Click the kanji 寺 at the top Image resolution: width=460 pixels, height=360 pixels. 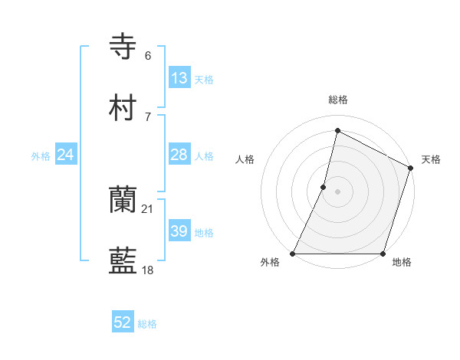coord(123,47)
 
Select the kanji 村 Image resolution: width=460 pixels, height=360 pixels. coord(123,108)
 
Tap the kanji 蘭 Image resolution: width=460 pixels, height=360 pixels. coord(123,201)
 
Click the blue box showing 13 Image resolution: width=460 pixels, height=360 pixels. coord(179,77)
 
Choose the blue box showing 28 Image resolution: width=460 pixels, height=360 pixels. coord(179,155)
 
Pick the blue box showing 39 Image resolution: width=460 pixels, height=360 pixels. coord(179,231)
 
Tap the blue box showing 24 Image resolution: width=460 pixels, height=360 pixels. coord(66,155)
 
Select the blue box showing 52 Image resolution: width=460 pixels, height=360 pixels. coord(123,322)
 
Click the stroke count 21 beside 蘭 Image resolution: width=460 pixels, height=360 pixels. coord(148,208)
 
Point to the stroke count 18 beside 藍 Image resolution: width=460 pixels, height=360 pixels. coord(148,270)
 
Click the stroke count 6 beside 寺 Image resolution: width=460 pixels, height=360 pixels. coord(148,55)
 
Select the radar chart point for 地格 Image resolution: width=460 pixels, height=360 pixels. coord(383,254)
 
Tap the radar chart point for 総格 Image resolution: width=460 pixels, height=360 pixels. coord(337,130)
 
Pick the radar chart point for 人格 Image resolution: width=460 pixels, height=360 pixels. coord(324,187)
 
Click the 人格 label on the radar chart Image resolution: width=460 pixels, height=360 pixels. coord(245,159)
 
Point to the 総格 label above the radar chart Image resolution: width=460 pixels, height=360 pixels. coord(338,100)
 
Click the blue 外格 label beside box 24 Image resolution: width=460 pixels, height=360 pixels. coord(41,155)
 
